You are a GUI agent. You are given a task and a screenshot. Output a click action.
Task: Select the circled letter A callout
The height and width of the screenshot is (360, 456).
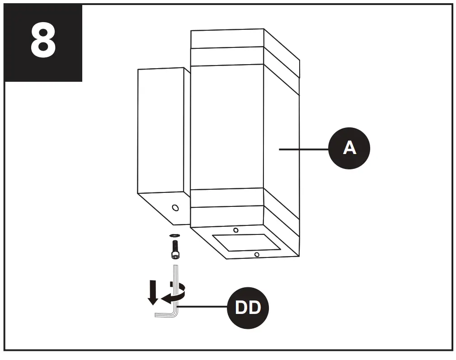click(349, 148)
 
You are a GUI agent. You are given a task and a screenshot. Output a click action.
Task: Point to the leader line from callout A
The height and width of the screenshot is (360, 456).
click(303, 149)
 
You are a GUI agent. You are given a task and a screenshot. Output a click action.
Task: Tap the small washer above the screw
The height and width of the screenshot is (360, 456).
click(174, 235)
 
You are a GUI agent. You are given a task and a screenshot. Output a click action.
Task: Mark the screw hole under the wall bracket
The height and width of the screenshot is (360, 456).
click(175, 208)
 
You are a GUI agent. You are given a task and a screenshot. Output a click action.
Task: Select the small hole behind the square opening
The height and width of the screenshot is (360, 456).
click(235, 230)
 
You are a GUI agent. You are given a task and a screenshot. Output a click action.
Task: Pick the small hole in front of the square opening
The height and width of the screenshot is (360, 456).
click(257, 255)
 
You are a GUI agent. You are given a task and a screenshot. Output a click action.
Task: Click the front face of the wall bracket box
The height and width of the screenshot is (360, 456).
click(160, 131)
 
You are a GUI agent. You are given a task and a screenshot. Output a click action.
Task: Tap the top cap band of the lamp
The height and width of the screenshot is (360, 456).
click(227, 39)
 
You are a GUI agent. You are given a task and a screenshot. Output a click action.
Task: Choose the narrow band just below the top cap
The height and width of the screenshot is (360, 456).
click(226, 56)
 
